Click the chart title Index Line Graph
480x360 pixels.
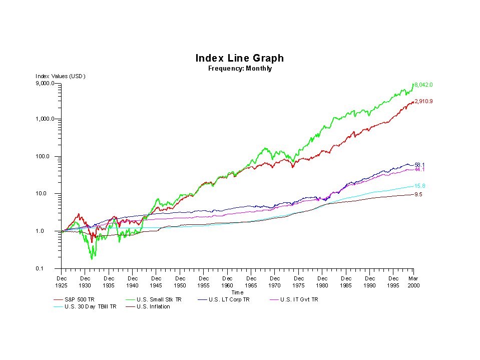point(240,59)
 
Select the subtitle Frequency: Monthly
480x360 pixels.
point(240,69)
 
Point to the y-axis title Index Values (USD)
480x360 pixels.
point(61,76)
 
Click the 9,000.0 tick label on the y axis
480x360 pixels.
point(46,84)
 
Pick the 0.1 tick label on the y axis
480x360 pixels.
point(52,269)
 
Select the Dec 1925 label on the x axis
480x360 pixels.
point(61,282)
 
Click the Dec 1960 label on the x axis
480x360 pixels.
point(227,282)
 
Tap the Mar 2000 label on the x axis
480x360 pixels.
point(413,282)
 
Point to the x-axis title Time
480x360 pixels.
point(237,292)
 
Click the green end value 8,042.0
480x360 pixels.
point(423,85)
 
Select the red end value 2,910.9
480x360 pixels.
point(423,102)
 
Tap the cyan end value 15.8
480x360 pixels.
point(419,186)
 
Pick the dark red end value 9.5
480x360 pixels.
point(418,194)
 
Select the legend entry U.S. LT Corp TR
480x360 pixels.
point(228,299)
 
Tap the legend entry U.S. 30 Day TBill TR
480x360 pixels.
point(90,306)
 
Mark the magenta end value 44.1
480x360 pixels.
point(419,170)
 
